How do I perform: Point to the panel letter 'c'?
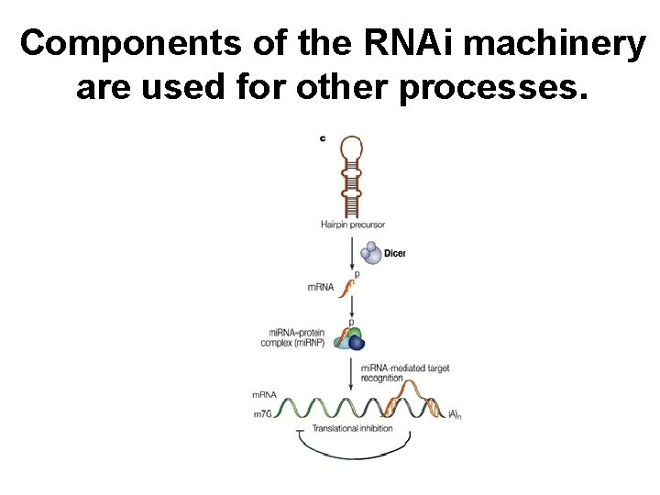(322, 138)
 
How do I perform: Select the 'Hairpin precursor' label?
(353, 225)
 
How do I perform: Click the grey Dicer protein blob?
(370, 252)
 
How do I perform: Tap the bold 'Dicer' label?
(394, 253)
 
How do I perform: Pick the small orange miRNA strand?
(348, 288)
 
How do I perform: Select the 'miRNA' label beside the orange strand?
(323, 288)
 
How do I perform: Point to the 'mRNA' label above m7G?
(264, 395)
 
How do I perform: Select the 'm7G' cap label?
(264, 415)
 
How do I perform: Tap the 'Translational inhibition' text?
(347, 428)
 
